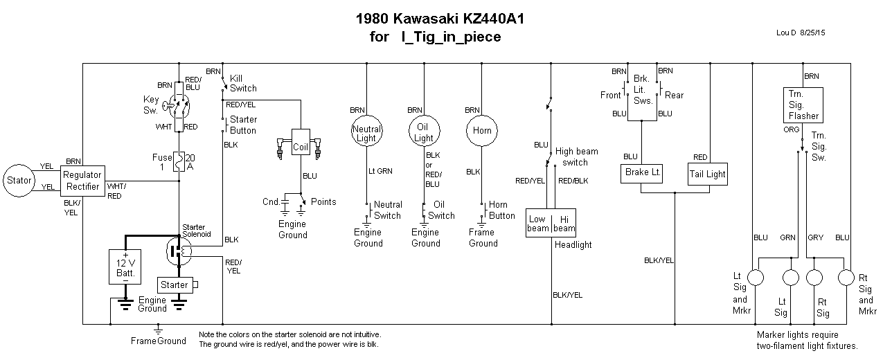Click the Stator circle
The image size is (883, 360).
19,181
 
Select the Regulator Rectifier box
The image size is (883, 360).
82,181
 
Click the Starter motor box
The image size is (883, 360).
175,285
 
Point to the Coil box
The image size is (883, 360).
301,147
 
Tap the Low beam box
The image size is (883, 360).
539,223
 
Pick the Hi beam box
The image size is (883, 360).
564,223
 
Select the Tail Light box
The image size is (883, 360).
707,174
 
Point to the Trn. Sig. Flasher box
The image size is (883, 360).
803,104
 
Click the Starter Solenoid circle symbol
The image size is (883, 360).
179,251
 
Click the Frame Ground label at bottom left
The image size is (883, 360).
159,341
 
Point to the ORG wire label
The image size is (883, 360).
792,129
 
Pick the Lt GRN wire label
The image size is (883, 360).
381,170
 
